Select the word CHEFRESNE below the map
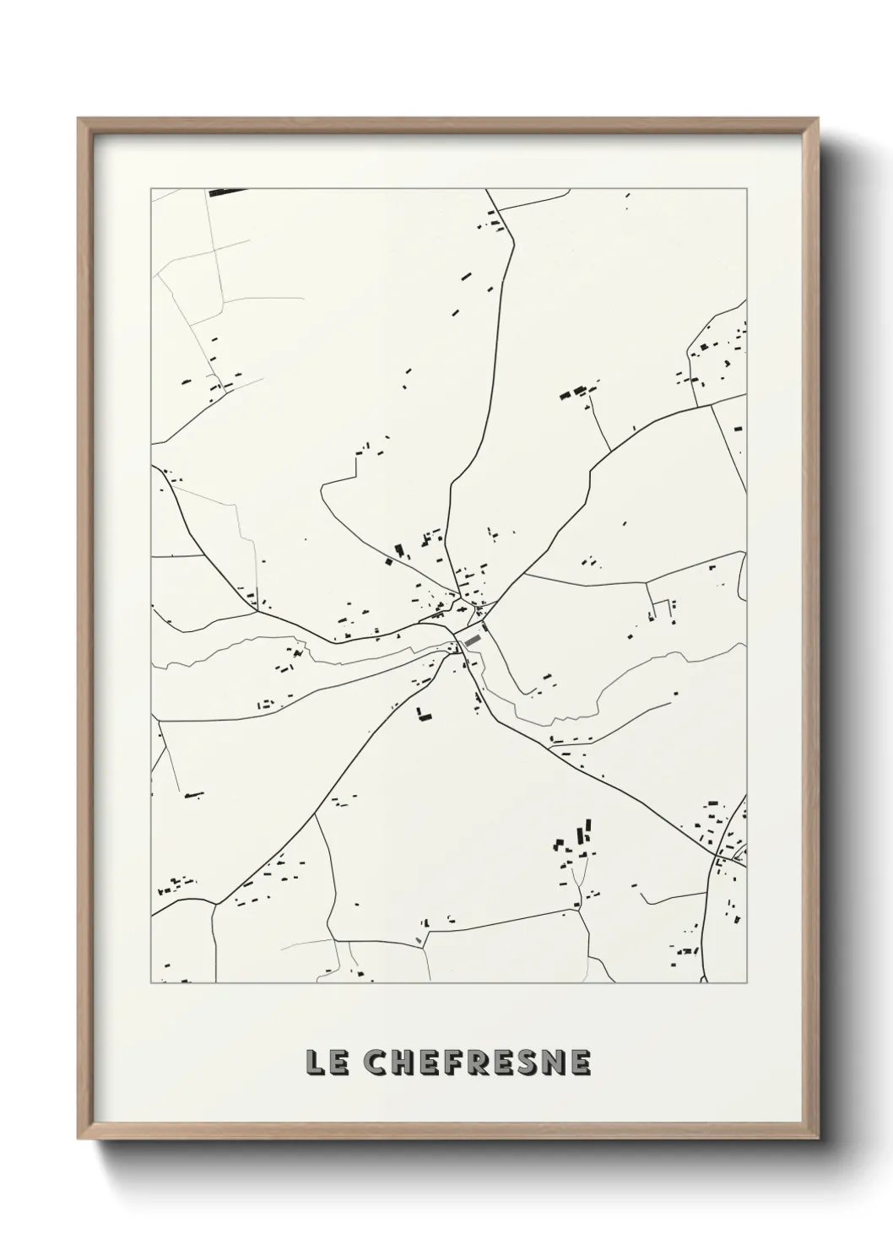pyautogui.click(x=477, y=1063)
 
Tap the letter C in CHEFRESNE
pyautogui.click(x=376, y=1063)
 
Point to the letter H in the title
pyautogui.click(x=402, y=1063)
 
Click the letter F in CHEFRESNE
pyautogui.click(x=452, y=1063)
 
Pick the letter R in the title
pyautogui.click(x=478, y=1063)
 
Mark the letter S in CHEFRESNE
pyautogui.click(x=528, y=1063)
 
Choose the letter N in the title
pyautogui.click(x=554, y=1063)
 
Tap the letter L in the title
pyautogui.click(x=315, y=1063)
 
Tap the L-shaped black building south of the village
pyautogui.click(x=423, y=715)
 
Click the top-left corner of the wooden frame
pyautogui.click(x=79, y=120)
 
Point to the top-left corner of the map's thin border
pyautogui.click(x=151, y=188)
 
